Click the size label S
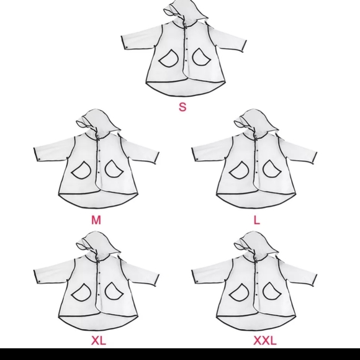point(182,106)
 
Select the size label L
point(257,220)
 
